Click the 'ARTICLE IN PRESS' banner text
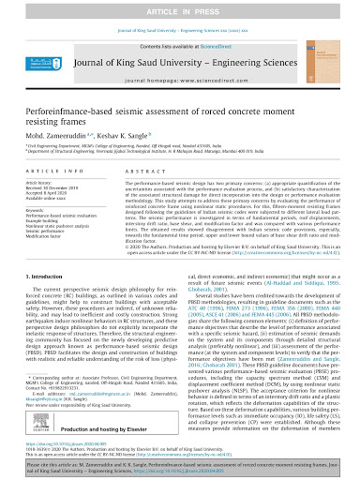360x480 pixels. [x=180, y=8]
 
